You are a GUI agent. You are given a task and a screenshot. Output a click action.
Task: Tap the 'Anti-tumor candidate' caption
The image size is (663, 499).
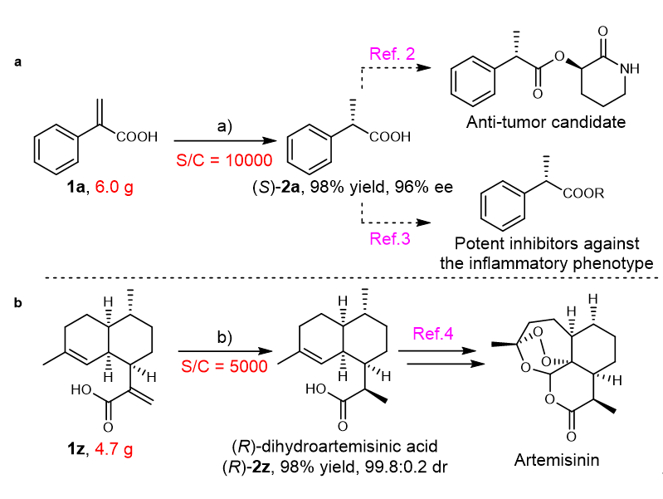click(x=544, y=124)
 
